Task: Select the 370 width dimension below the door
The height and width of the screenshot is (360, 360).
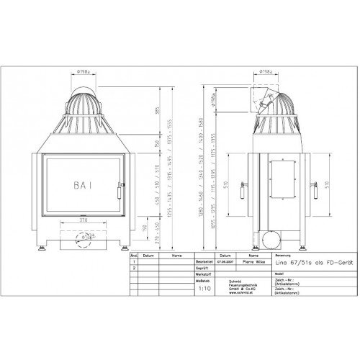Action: pos(86,219)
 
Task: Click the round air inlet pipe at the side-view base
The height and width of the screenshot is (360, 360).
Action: pos(272,237)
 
